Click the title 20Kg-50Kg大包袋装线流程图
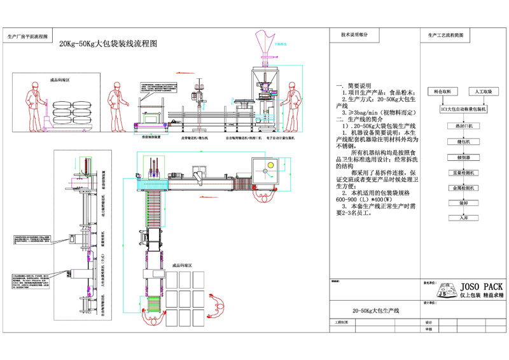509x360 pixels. tap(108, 44)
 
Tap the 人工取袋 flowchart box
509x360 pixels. tap(481, 92)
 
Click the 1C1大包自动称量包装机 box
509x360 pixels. tap(463, 109)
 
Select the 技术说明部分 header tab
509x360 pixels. tap(354, 34)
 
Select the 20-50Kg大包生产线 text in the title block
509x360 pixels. tap(375, 310)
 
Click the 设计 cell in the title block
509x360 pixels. tap(428, 322)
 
